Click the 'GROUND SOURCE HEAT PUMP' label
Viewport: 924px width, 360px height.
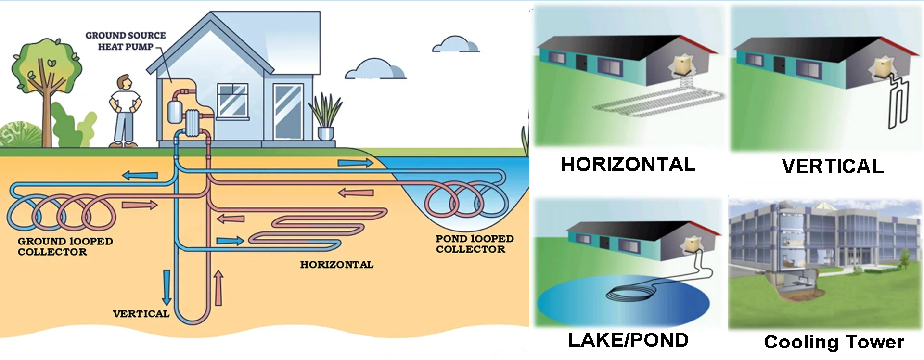(125, 41)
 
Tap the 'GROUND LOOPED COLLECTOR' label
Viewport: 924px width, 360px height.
(65, 246)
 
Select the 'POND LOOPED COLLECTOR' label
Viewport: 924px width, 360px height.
(474, 244)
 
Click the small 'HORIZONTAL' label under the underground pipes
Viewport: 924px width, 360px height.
(336, 265)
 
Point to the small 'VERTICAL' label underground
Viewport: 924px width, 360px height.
(141, 314)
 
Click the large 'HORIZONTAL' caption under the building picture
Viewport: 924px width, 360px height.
(628, 165)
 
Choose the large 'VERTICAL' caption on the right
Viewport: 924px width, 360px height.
(833, 167)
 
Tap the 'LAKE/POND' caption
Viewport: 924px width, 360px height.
(628, 340)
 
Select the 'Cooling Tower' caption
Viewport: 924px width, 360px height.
(834, 342)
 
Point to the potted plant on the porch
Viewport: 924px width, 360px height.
(325, 118)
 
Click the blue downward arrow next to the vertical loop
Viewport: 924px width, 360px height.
(167, 287)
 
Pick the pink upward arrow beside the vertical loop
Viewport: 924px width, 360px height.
(218, 288)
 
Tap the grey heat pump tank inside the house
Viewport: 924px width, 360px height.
(174, 112)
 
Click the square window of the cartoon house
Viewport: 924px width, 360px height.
(233, 101)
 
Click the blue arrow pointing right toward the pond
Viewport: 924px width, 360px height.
(355, 164)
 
